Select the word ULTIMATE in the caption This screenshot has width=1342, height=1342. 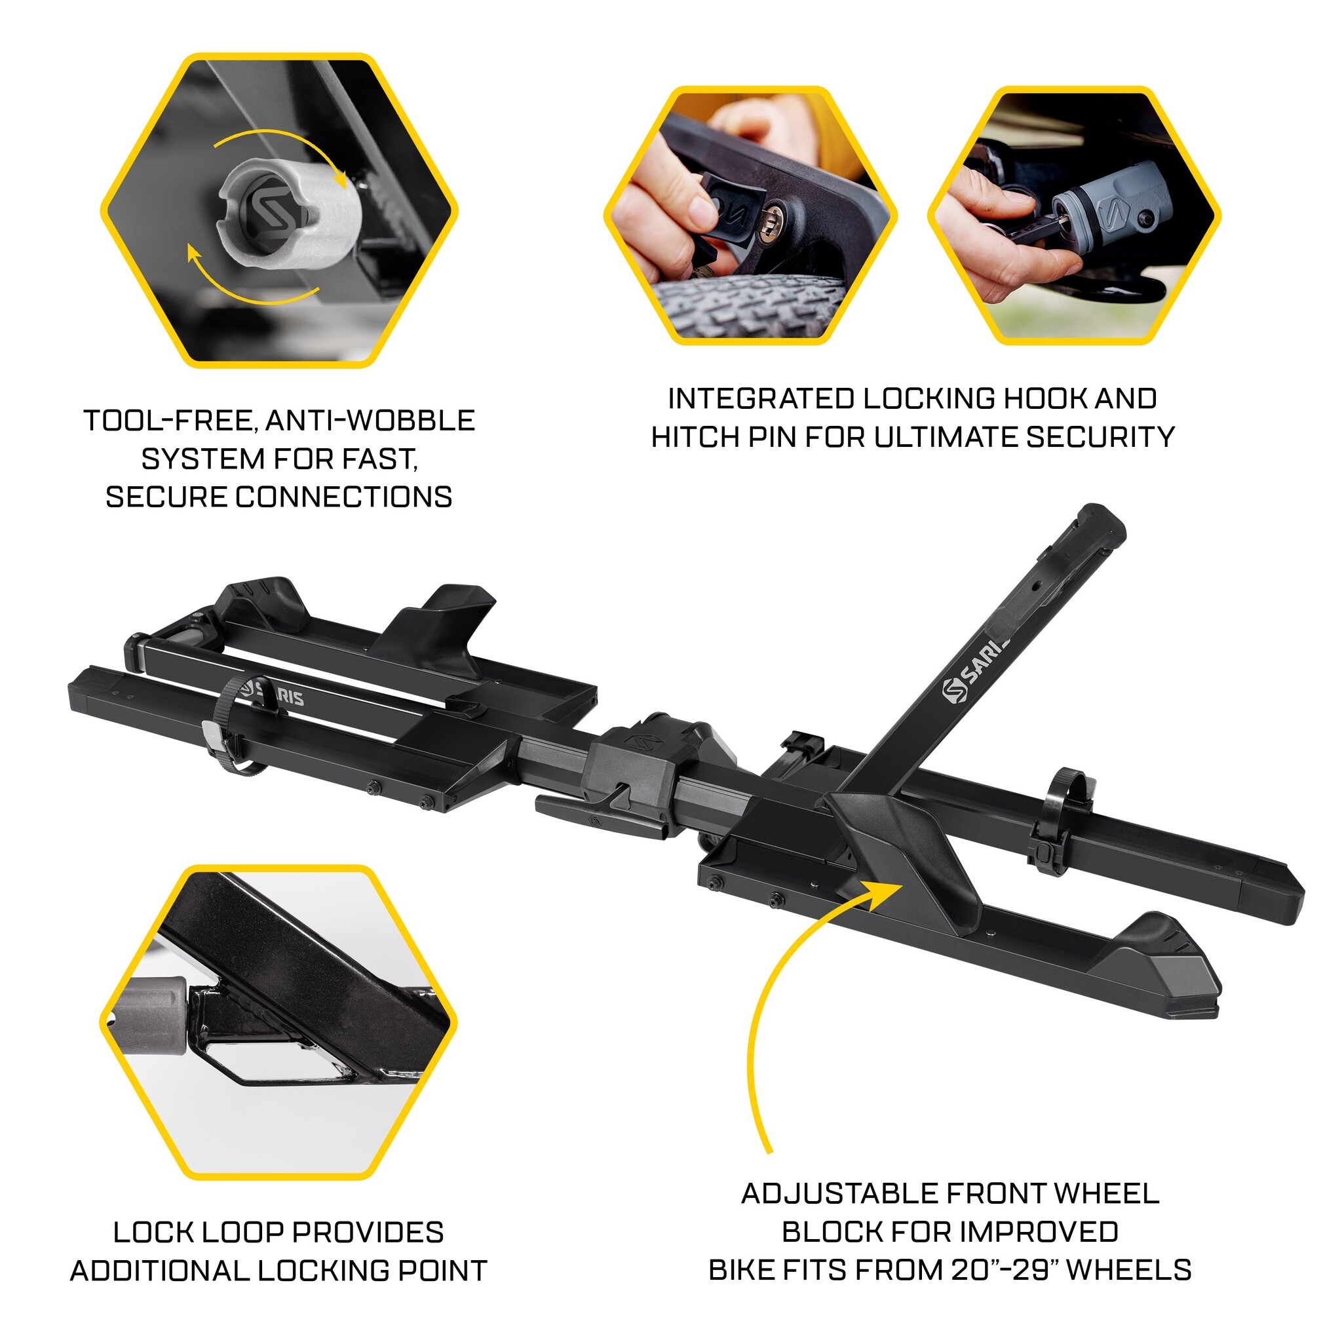coord(948,438)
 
